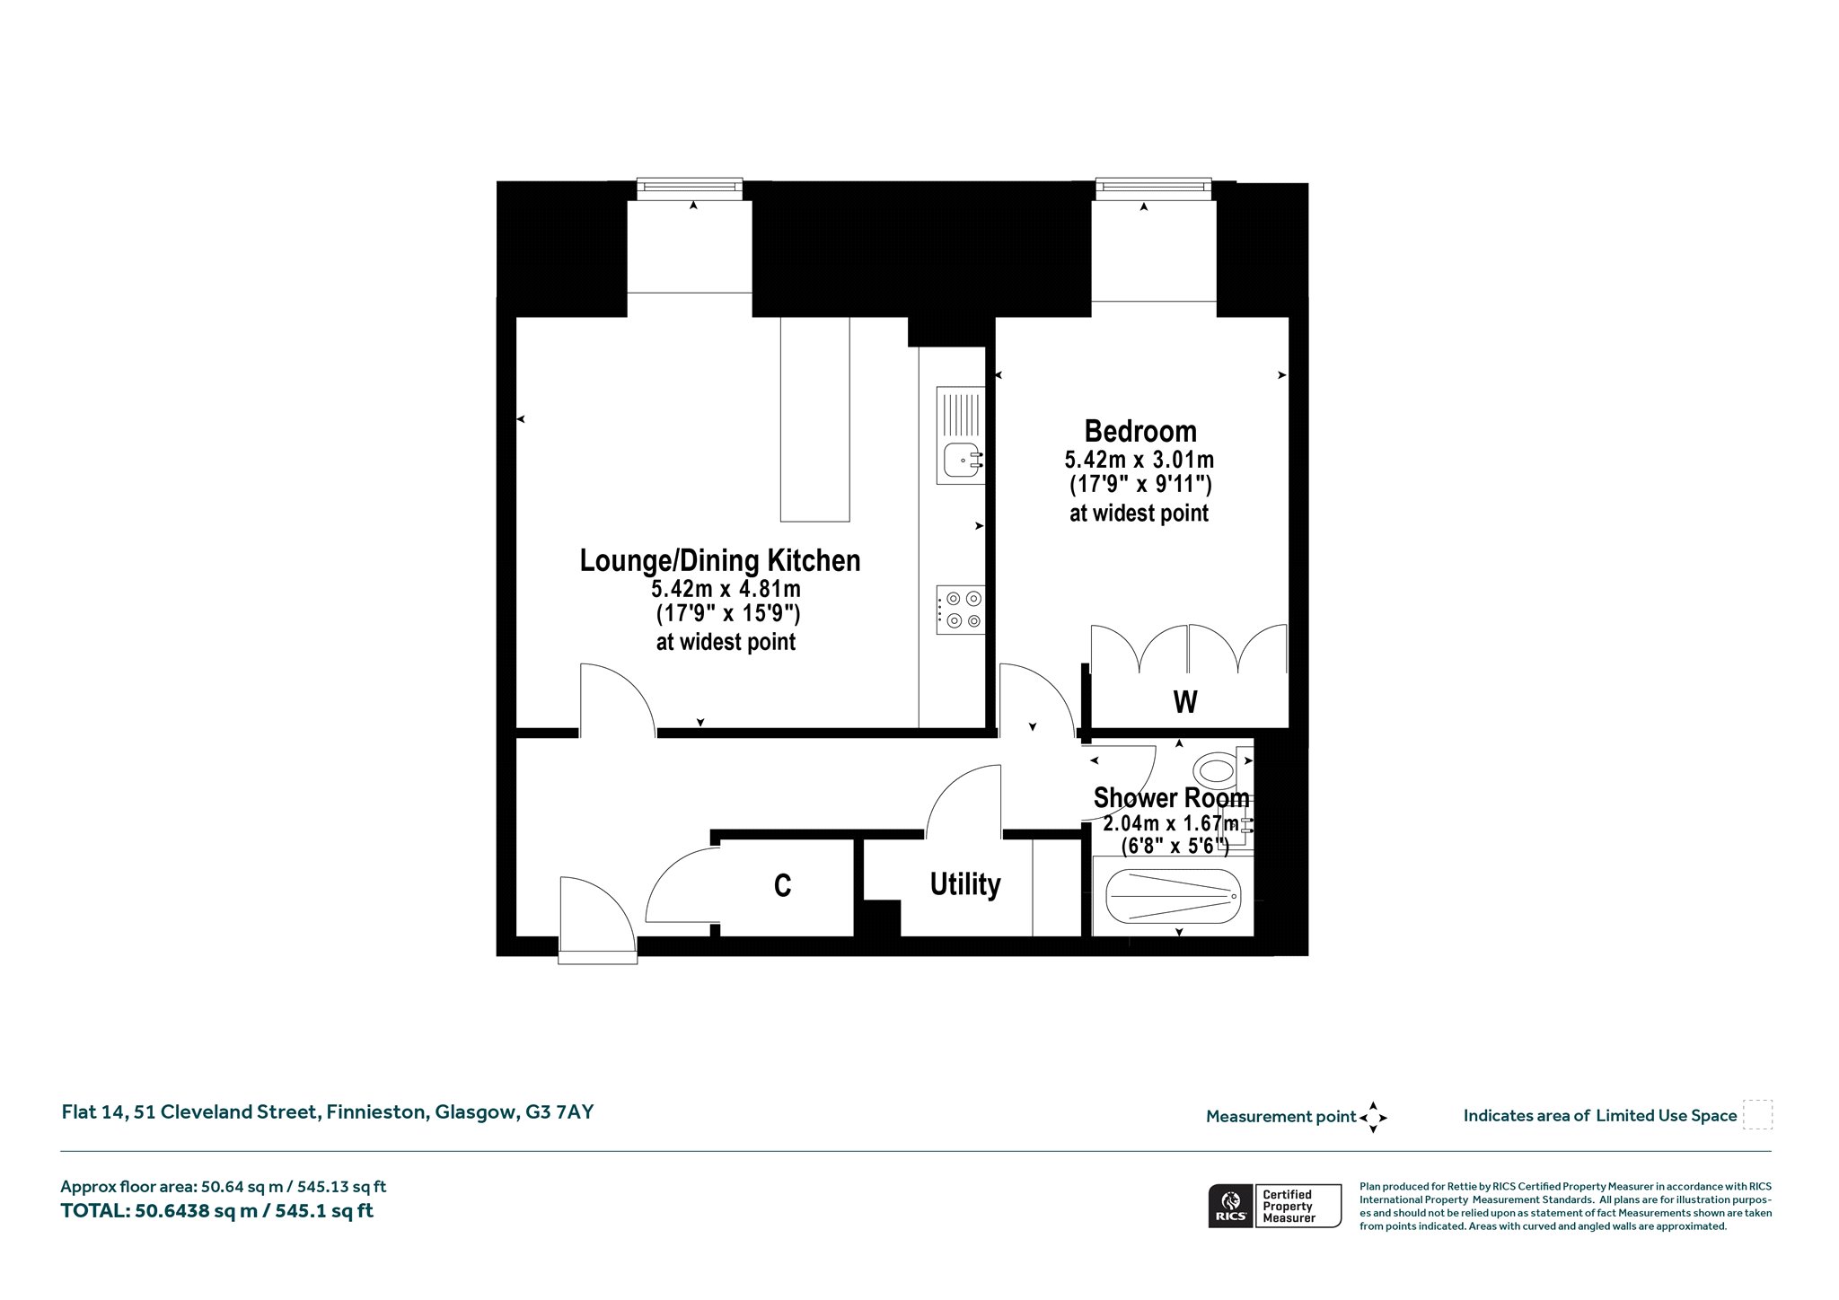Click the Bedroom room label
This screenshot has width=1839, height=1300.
[1140, 432]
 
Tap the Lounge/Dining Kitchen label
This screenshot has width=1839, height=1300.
[720, 560]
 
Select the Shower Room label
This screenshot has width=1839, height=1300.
[1171, 797]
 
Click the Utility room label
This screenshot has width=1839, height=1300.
[965, 884]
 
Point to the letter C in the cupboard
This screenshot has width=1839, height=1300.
[782, 886]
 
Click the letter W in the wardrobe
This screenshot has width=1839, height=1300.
[1185, 701]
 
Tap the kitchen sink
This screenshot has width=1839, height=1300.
[961, 435]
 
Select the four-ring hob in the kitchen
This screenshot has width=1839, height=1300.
[961, 610]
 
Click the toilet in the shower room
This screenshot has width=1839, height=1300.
[1222, 769]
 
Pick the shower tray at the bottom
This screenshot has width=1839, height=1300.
[1173, 896]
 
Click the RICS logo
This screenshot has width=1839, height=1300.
[1230, 1206]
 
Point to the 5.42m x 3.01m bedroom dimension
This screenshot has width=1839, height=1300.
[1139, 461]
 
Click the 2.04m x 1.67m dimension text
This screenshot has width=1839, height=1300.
[1171, 823]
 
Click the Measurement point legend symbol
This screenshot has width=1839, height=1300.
[1373, 1118]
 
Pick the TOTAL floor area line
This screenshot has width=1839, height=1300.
[216, 1211]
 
